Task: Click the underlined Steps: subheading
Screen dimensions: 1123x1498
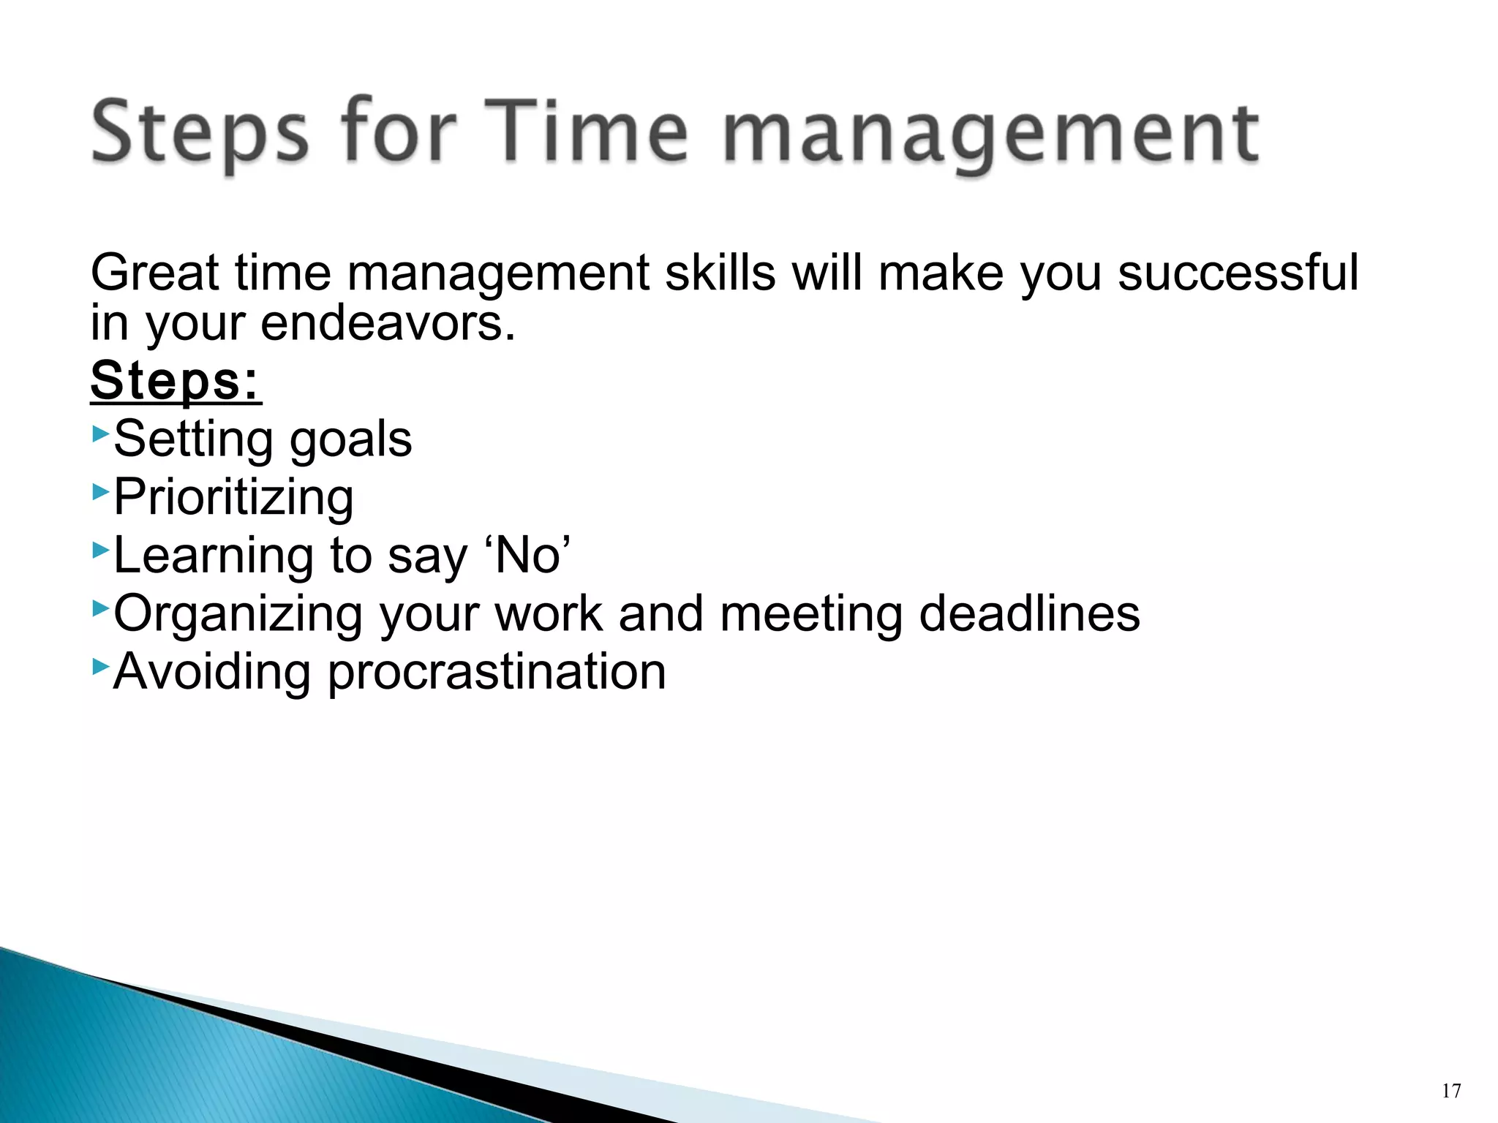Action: click(x=176, y=381)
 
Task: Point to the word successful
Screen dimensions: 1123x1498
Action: click(x=1238, y=273)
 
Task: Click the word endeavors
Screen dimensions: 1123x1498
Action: click(x=388, y=323)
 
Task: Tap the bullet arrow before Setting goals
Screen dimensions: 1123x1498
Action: click(x=100, y=434)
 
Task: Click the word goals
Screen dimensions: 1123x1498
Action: click(x=350, y=441)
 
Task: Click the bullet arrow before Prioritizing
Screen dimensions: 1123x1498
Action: click(x=100, y=492)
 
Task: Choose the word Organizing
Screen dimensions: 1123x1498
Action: click(x=238, y=615)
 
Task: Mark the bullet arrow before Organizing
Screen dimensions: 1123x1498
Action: click(x=100, y=608)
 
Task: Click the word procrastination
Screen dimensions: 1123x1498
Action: click(x=497, y=673)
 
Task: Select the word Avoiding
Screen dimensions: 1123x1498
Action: click(x=212, y=673)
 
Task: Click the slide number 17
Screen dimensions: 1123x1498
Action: click(x=1451, y=1092)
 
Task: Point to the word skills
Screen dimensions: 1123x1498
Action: click(x=720, y=273)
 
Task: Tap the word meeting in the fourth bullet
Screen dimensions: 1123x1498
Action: click(x=811, y=615)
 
